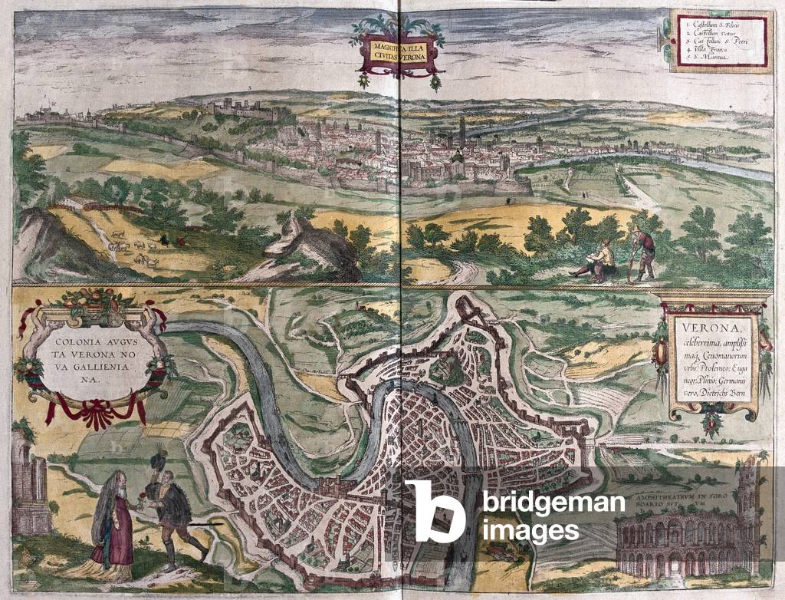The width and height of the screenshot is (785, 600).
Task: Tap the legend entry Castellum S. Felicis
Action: point(714,25)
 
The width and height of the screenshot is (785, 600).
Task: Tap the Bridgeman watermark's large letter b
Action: point(435,512)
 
